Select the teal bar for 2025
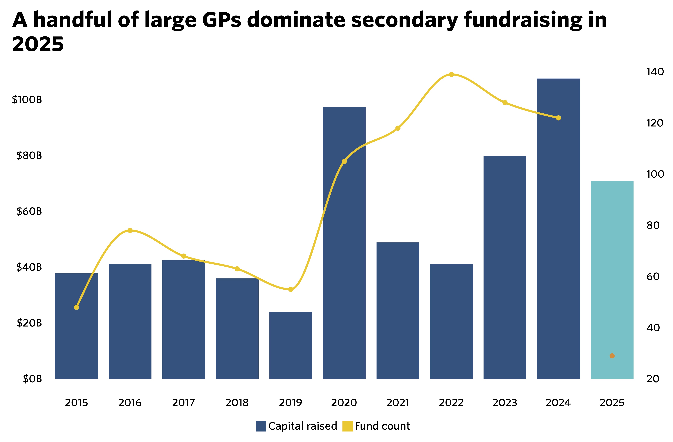pyautogui.click(x=612, y=280)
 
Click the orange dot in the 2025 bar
pyautogui.click(x=612, y=356)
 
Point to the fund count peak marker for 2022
pyautogui.click(x=451, y=74)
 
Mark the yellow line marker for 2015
pyautogui.click(x=76, y=307)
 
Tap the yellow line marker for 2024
pyautogui.click(x=558, y=118)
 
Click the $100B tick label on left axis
pyautogui.click(x=27, y=100)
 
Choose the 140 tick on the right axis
pyautogui.click(x=655, y=72)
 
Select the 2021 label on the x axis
pyautogui.click(x=398, y=403)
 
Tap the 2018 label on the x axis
pyautogui.click(x=237, y=403)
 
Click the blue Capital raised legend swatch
pyautogui.click(x=261, y=426)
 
